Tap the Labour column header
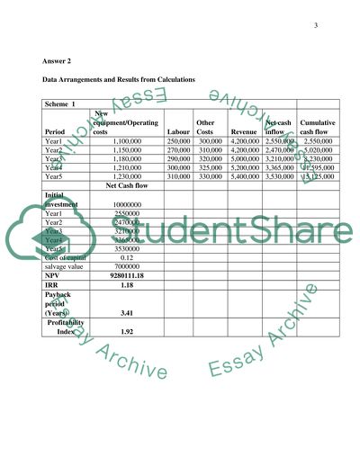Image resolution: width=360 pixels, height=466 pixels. point(178,131)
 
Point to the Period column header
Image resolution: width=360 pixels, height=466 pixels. point(56,131)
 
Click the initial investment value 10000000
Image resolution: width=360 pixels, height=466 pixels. point(127,205)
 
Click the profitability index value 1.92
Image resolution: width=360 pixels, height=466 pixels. point(127,332)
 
